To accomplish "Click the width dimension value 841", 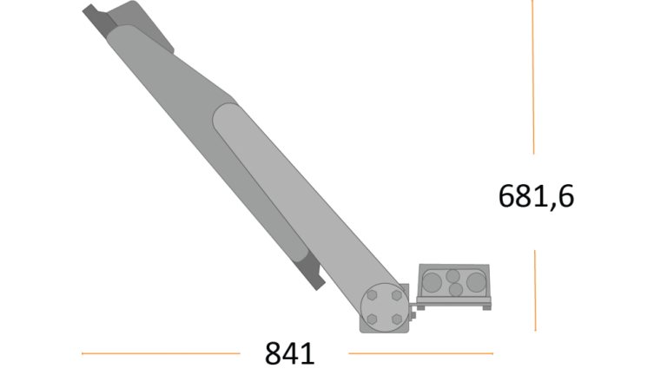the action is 290,353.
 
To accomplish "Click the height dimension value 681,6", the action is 536,196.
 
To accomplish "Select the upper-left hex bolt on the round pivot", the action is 373,295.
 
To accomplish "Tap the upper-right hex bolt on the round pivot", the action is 397,295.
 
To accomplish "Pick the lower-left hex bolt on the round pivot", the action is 373,319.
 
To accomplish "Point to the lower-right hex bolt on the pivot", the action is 397,319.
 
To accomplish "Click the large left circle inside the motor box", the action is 432,283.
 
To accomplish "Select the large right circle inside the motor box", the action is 477,282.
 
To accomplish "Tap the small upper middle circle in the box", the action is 453,276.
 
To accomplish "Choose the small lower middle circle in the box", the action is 456,290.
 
